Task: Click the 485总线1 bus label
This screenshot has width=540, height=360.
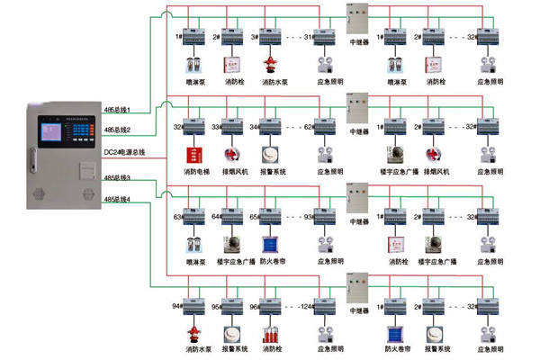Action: click(118, 110)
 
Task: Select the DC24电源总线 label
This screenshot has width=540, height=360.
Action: click(124, 151)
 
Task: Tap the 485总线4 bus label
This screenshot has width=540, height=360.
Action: click(118, 199)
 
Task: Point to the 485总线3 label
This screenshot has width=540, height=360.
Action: click(118, 178)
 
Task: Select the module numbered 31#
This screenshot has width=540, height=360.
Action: click(308, 37)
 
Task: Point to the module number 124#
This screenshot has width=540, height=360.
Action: click(306, 306)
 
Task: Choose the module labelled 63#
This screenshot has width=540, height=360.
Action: click(178, 217)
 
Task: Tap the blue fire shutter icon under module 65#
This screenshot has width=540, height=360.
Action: click(268, 244)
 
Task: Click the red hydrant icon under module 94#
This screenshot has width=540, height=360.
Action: click(191, 334)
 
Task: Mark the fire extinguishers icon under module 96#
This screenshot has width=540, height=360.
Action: click(268, 334)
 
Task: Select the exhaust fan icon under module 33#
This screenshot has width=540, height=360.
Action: click(229, 153)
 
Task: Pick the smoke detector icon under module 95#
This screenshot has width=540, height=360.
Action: click(229, 333)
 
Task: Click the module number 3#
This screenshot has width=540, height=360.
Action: click(255, 37)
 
